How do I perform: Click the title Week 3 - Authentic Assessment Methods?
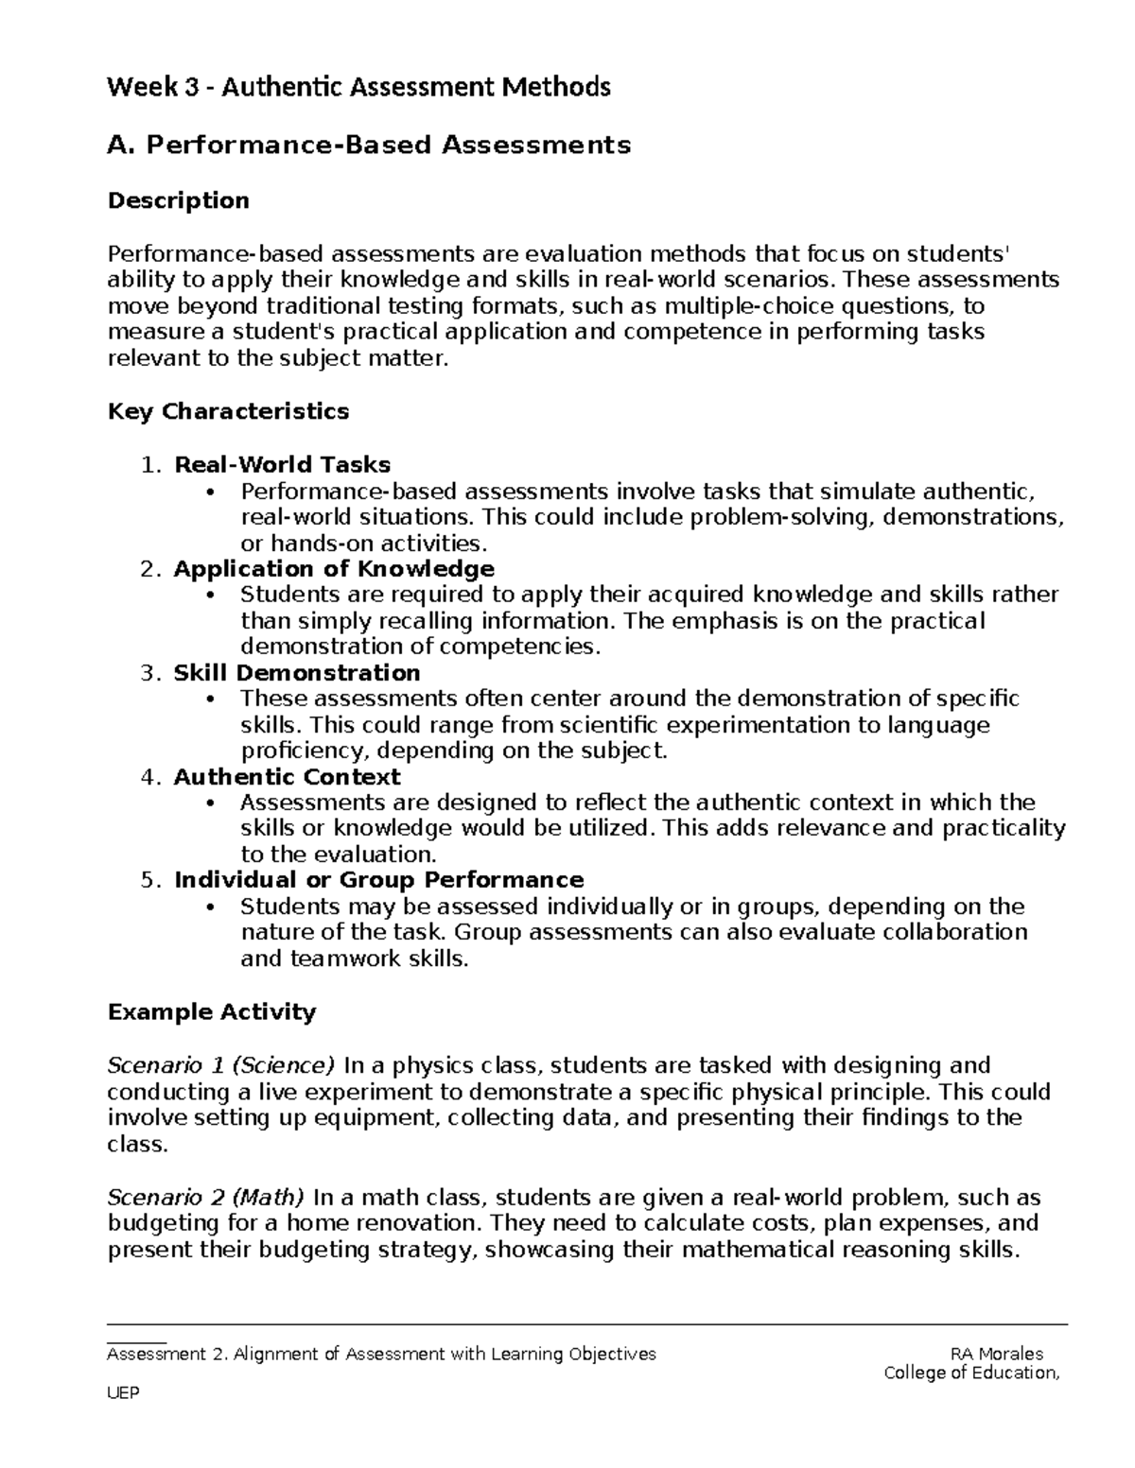tap(358, 88)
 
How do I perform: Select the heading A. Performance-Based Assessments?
tap(369, 145)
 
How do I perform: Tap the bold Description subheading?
tap(179, 200)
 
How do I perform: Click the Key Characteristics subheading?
tap(228, 411)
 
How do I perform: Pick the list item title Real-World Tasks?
tap(282, 464)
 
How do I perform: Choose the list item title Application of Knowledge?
tap(334, 568)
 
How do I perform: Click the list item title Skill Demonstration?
tap(297, 672)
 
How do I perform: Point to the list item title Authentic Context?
tap(287, 776)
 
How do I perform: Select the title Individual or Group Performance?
tap(378, 880)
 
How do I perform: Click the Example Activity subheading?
tap(212, 1012)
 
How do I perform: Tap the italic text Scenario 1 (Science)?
tap(221, 1065)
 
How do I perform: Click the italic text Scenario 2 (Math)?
tap(206, 1198)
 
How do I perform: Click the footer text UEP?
tap(124, 1393)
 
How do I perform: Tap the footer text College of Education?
tap(971, 1373)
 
